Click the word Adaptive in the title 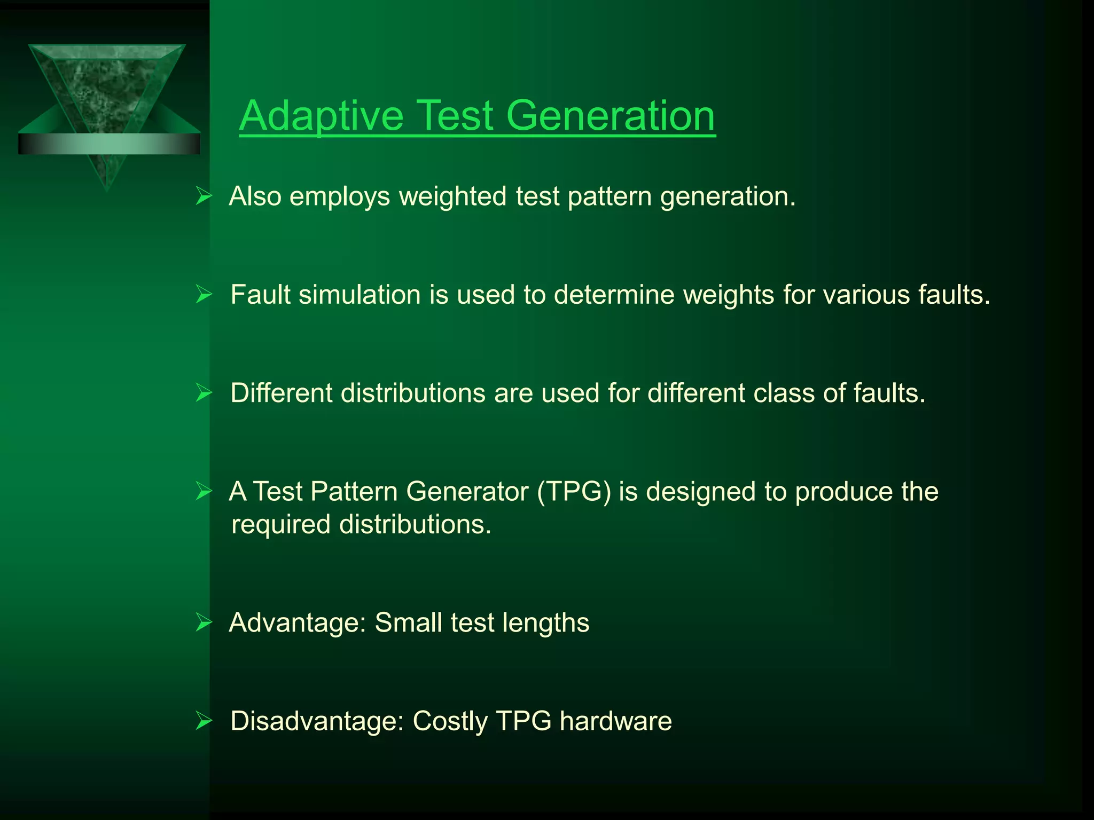[x=321, y=116]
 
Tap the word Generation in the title [x=609, y=116]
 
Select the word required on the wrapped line [x=281, y=525]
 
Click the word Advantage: [x=297, y=622]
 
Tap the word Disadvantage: [x=317, y=721]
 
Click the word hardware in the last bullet [x=615, y=721]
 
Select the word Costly [x=450, y=721]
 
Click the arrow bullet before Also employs [x=204, y=196]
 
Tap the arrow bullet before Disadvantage [x=204, y=721]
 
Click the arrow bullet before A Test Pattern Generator [x=204, y=491]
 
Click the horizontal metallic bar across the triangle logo [x=109, y=144]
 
